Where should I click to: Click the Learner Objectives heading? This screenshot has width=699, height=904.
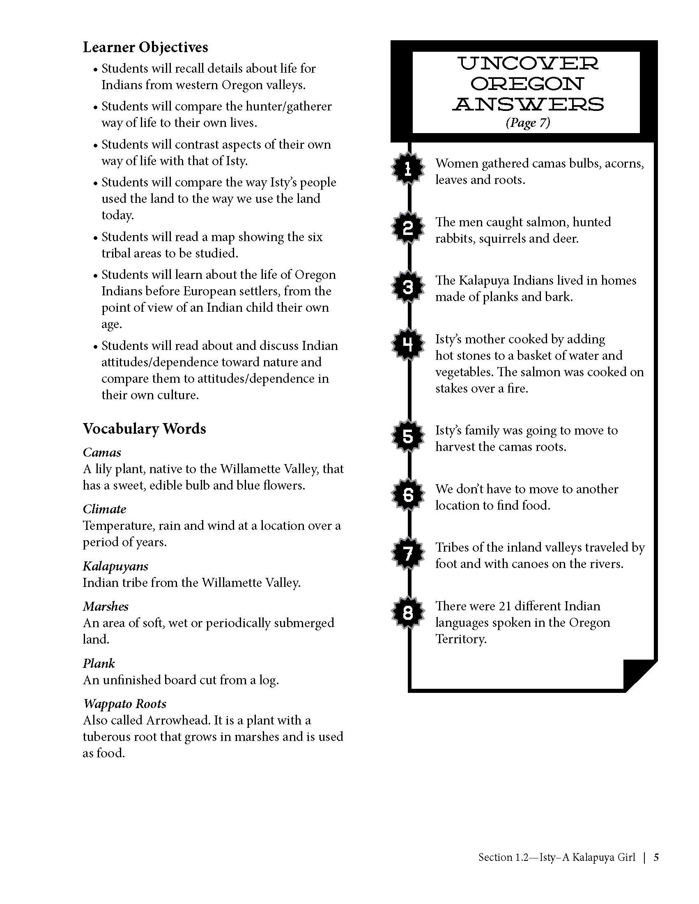point(145,47)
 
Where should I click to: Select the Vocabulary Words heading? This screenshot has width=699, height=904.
point(144,428)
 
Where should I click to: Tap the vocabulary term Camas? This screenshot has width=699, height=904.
point(102,453)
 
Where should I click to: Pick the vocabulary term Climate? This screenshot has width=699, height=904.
point(104,509)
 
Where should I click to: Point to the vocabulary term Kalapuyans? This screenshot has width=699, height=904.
point(115,566)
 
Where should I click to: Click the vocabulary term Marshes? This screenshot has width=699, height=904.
point(106,606)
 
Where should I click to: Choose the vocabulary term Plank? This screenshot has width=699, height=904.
point(99,663)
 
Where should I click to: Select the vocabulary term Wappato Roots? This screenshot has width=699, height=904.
point(124,704)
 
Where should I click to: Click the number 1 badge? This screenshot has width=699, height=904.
point(408,168)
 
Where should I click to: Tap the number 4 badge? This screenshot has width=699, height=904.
point(408,344)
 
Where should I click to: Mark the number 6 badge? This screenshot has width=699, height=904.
point(408,495)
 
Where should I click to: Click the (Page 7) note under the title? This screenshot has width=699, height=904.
point(528,122)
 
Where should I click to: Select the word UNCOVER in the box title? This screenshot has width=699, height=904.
point(528,63)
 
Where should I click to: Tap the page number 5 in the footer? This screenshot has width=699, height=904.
point(656,857)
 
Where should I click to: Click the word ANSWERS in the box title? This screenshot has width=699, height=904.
point(528,104)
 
